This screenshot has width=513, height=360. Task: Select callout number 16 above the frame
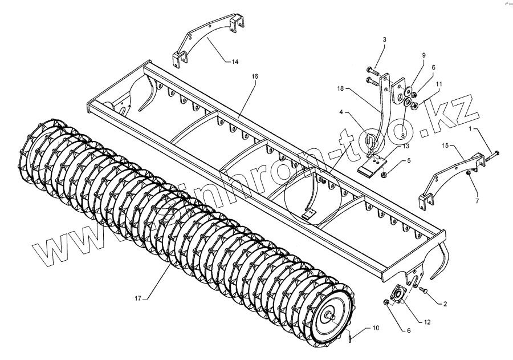254,75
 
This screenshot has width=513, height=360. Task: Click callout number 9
424,55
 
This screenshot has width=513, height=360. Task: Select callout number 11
439,84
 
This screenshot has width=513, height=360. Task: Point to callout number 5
408,161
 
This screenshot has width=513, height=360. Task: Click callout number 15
445,146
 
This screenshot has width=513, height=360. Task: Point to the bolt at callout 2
424,291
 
